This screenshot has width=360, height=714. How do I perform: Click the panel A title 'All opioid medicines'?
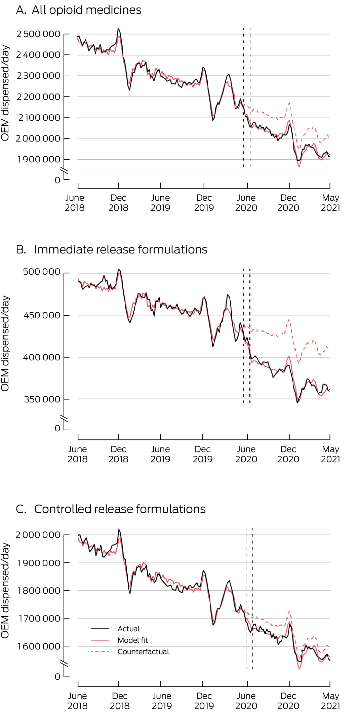pyautogui.click(x=86, y=10)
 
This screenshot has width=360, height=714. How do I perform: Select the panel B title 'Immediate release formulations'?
pyautogui.click(x=120, y=250)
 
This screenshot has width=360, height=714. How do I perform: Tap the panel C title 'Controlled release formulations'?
pyautogui.click(x=120, y=509)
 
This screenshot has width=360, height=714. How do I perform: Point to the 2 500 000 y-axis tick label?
pyautogui.click(x=38, y=34)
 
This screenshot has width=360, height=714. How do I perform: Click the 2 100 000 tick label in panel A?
pyautogui.click(x=39, y=118)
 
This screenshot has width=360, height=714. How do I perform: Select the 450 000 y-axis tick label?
pyautogui.click(x=42, y=315)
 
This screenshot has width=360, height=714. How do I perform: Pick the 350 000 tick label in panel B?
pyautogui.click(x=42, y=399)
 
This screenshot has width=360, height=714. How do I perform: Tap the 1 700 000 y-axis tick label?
pyautogui.click(x=39, y=619)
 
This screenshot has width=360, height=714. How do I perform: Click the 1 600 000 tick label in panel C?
pyautogui.click(x=39, y=646)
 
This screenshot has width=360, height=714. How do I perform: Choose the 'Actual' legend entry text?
pyautogui.click(x=129, y=629)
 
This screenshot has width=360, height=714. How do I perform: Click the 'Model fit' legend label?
pyautogui.click(x=133, y=640)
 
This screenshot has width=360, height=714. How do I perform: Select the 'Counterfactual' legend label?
pyautogui.click(x=143, y=652)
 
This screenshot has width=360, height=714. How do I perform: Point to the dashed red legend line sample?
pyautogui.click(x=100, y=652)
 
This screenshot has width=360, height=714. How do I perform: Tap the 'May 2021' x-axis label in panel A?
pyautogui.click(x=330, y=203)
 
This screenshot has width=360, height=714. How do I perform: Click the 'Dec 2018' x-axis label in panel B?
pyautogui.click(x=118, y=454)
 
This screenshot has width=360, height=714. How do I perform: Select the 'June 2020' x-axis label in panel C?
pyautogui.click(x=246, y=701)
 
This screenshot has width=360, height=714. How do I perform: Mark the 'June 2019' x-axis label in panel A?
pyautogui.click(x=160, y=203)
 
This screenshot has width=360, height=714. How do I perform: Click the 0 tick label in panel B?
pyautogui.click(x=57, y=428)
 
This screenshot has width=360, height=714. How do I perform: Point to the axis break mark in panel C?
pyautogui.click(x=64, y=664)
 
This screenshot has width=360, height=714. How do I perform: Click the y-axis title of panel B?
pyautogui.click(x=5, y=343)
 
